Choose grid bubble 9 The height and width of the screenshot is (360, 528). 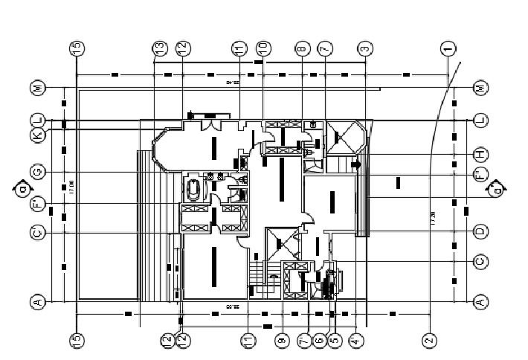[282, 341]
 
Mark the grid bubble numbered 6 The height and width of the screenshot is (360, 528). [320, 341]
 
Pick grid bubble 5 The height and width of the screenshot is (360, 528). [335, 341]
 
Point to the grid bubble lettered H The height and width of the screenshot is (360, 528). [480, 154]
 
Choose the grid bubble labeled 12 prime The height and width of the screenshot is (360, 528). [183, 341]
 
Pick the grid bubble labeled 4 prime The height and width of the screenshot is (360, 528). [356, 341]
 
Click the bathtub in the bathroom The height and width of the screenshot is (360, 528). [193, 190]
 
